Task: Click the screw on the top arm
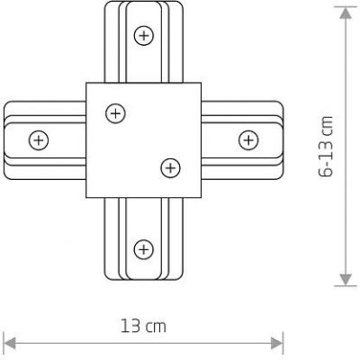tap(142, 35)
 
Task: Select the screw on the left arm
tap(37, 139)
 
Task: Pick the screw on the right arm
tap(247, 139)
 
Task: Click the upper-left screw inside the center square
tap(114, 112)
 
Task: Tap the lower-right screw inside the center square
tap(168, 166)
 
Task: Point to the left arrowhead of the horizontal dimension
tap(10, 342)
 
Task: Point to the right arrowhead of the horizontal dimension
tap(278, 342)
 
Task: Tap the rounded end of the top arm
tap(142, 6)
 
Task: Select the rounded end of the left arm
tap(6, 139)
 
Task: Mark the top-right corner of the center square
tap(199, 84)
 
